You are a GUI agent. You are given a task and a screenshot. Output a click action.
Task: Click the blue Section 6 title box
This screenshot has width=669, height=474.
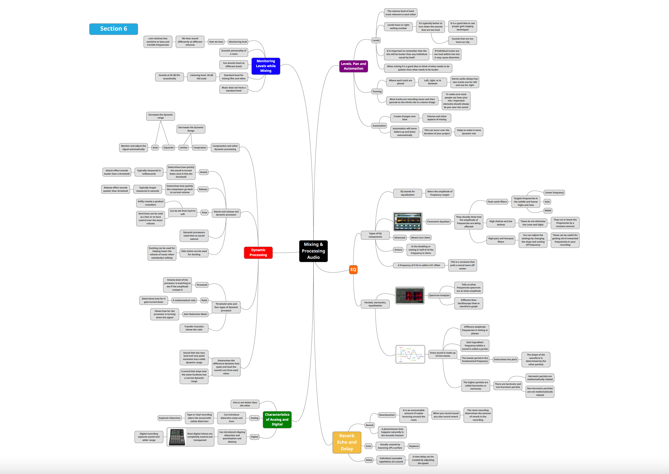click(x=113, y=29)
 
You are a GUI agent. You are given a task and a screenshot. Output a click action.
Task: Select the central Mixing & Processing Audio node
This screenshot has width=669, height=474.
click(x=313, y=251)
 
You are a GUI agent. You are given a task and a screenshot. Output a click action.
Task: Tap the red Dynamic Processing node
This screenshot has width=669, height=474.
click(x=258, y=252)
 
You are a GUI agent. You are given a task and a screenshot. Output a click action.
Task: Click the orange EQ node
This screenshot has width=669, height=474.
click(x=353, y=269)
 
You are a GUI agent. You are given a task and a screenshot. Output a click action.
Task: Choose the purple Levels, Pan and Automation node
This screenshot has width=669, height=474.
click(x=353, y=66)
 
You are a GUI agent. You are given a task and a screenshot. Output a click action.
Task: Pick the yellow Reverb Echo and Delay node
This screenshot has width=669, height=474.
click(x=346, y=442)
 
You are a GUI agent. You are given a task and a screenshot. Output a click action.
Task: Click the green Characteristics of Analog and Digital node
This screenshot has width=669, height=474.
click(x=277, y=419)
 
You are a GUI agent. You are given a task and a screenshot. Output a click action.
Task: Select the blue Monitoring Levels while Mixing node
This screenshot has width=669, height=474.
click(x=266, y=66)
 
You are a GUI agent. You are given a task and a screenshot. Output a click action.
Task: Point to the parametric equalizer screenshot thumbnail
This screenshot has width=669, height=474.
click(x=407, y=222)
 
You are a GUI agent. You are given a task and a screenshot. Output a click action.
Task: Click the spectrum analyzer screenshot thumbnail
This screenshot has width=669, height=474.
click(x=410, y=295)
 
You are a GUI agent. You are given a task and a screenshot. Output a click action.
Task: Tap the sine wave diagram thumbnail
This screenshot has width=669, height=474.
click(x=410, y=354)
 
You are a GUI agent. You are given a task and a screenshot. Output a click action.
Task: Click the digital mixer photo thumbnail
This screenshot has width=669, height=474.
click(x=177, y=437)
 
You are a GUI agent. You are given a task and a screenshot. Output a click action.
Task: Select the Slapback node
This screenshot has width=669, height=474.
click(x=414, y=446)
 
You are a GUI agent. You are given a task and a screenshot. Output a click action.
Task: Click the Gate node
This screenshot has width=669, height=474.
click(x=155, y=148)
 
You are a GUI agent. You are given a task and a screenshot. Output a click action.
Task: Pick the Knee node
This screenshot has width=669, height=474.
click(x=205, y=212)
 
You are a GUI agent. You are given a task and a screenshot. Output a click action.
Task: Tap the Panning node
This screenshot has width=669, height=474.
click(x=377, y=91)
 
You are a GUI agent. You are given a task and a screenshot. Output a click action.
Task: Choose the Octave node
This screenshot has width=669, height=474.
click(x=398, y=250)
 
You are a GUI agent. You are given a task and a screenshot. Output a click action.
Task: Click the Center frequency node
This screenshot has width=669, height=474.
click(x=554, y=193)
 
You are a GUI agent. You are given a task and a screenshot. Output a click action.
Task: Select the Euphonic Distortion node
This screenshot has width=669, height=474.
click(x=169, y=418)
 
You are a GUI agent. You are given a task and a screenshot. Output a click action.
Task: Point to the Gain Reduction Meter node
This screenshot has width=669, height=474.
click(x=195, y=314)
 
